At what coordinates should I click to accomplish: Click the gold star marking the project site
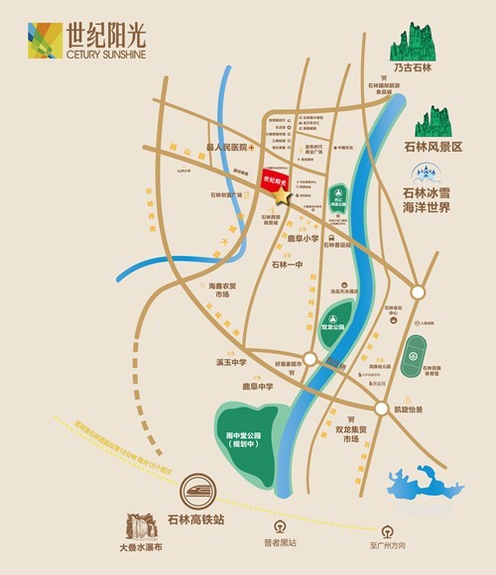pos(283,196)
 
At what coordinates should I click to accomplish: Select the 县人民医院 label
pos(225,146)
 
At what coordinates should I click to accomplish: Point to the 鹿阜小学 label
pos(304,238)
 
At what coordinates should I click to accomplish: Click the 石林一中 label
pos(288,265)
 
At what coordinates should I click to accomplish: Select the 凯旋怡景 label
pos(407,409)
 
